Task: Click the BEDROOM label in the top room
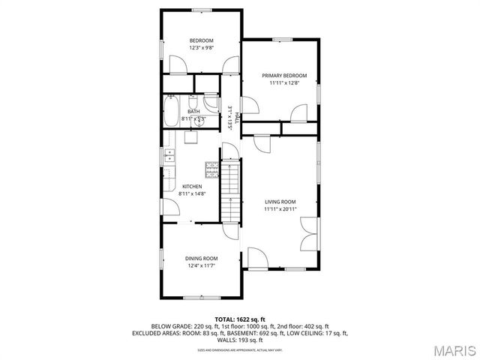click(201, 40)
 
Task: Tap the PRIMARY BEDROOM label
click(284, 76)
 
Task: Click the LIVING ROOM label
click(280, 202)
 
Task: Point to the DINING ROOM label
click(201, 258)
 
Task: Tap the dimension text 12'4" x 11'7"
click(201, 265)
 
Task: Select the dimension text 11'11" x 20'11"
click(280, 209)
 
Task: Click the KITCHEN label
click(192, 186)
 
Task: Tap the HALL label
click(237, 118)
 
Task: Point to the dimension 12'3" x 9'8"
click(201, 48)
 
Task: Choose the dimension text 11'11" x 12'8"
click(284, 83)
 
